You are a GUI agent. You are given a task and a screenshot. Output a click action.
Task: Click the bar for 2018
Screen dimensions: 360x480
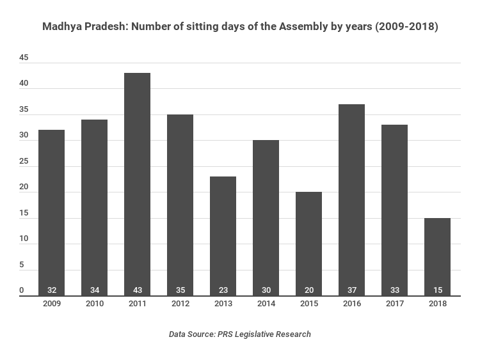click(437, 256)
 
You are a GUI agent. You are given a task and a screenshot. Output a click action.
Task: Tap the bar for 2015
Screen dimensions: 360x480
click(308, 244)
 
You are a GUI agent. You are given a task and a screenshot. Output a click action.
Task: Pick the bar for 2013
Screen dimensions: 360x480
click(223, 236)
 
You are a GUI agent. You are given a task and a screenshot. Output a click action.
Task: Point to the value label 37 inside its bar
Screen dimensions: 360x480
click(351, 290)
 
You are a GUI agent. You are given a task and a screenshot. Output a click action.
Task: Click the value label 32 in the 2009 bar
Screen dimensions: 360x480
click(51, 290)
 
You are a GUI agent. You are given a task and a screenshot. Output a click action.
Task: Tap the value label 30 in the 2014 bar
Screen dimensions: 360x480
click(266, 290)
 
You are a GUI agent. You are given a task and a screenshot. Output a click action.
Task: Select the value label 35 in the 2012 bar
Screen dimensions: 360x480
click(180, 290)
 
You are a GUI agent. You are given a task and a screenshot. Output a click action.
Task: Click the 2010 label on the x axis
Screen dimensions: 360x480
click(94, 304)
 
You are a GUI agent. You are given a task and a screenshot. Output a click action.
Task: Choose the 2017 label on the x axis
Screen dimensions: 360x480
click(394, 304)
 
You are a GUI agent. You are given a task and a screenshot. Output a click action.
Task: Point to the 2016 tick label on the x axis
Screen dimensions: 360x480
click(351, 304)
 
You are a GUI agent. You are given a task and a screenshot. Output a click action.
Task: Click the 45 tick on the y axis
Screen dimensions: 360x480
click(24, 58)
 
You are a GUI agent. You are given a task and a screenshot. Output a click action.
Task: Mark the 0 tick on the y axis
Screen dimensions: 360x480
click(21, 291)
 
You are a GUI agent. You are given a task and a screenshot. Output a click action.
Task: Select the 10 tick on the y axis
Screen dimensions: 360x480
click(24, 239)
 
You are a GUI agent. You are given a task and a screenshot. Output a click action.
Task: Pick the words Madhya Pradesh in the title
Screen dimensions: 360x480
click(78, 27)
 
